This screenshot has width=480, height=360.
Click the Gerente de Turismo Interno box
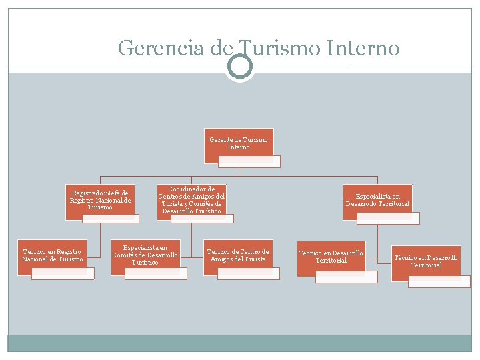pyautogui.click(x=239, y=143)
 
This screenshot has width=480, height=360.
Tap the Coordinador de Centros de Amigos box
pyautogui.click(x=191, y=200)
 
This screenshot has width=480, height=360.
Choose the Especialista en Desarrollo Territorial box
pyautogui.click(x=377, y=200)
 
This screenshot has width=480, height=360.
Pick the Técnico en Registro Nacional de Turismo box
pyautogui.click(x=53, y=255)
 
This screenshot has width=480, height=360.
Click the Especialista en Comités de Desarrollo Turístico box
pyautogui.click(x=145, y=254)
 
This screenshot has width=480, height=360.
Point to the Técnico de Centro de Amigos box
pyautogui.click(x=238, y=255)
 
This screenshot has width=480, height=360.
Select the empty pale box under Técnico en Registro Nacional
pyautogui.click(x=63, y=273)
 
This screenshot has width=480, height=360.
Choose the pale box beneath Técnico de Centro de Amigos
pyautogui.click(x=248, y=273)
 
